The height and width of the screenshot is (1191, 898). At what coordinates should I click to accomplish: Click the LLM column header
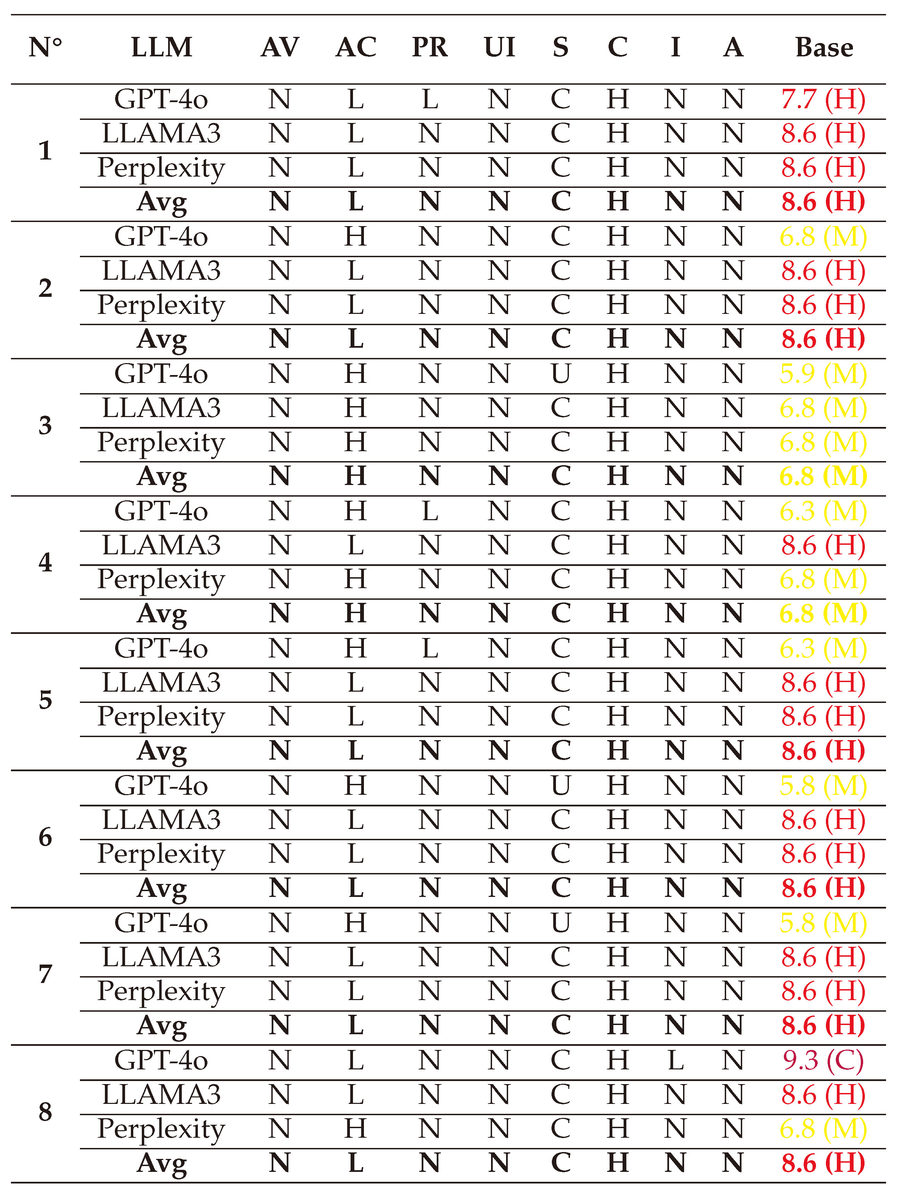click(x=162, y=47)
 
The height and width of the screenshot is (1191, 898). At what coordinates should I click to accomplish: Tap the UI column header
click(x=499, y=47)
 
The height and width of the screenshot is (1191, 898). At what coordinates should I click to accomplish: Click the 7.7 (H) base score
click(x=823, y=100)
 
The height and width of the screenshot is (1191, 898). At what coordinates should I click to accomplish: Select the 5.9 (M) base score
click(x=823, y=374)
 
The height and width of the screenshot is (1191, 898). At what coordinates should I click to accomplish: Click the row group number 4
click(x=45, y=563)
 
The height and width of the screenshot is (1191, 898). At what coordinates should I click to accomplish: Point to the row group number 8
click(x=45, y=1112)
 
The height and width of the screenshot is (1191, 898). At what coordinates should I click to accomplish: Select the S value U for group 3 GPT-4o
click(x=560, y=374)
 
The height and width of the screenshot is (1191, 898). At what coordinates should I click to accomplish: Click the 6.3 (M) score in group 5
click(x=823, y=649)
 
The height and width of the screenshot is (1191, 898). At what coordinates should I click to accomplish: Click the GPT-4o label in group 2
click(x=161, y=237)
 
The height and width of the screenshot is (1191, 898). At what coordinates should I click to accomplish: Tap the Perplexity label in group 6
click(x=161, y=855)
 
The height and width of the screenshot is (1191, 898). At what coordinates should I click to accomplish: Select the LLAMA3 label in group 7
click(x=161, y=957)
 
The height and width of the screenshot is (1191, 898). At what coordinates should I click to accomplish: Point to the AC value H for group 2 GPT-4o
click(x=355, y=237)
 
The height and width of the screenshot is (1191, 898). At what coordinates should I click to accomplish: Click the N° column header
click(x=45, y=47)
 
